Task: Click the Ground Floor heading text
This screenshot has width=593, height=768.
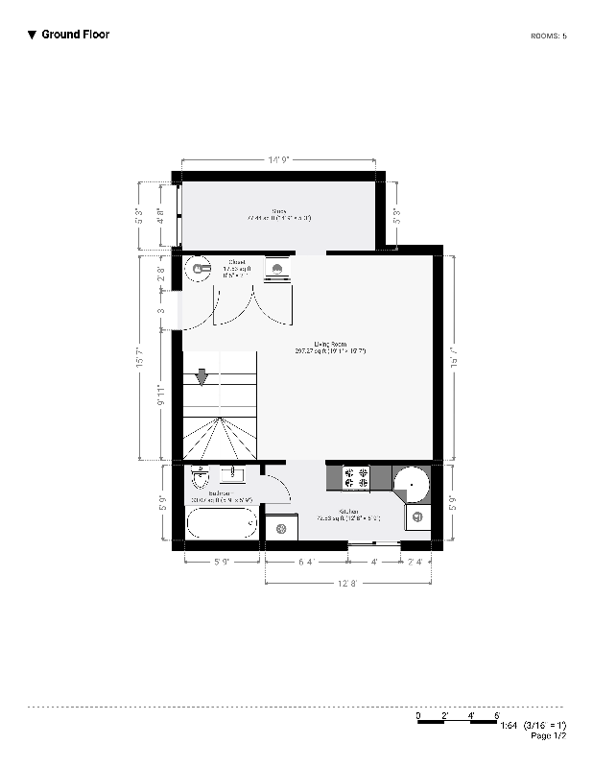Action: coord(75,35)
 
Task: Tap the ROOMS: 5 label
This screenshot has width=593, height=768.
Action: coord(548,36)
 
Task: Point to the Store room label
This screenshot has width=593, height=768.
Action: coord(279,214)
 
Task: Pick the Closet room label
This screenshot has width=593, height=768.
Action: coord(235,265)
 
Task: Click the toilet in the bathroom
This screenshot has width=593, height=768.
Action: coord(200,476)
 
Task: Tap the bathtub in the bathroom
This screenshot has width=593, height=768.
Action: coord(221,524)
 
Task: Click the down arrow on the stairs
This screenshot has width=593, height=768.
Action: coord(201,378)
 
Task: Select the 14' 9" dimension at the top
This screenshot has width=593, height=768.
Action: coord(278,159)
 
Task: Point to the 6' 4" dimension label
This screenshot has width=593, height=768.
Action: coord(305,562)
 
